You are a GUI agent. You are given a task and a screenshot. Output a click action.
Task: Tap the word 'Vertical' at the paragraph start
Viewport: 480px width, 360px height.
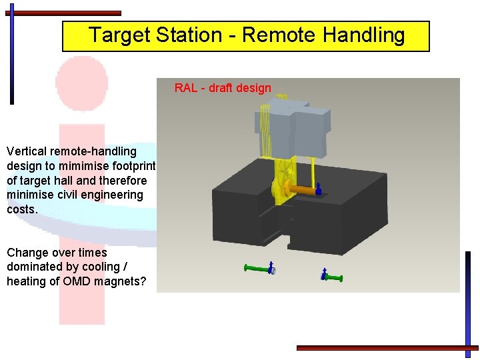27,151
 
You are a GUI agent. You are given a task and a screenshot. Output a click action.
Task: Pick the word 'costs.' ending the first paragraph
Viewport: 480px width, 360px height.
22,209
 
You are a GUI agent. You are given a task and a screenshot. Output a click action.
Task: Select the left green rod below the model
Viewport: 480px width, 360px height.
257,268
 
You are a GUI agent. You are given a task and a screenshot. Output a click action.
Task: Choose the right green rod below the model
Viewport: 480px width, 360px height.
334,276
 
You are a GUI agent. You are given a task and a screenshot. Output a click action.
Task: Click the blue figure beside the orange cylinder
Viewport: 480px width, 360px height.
318,190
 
